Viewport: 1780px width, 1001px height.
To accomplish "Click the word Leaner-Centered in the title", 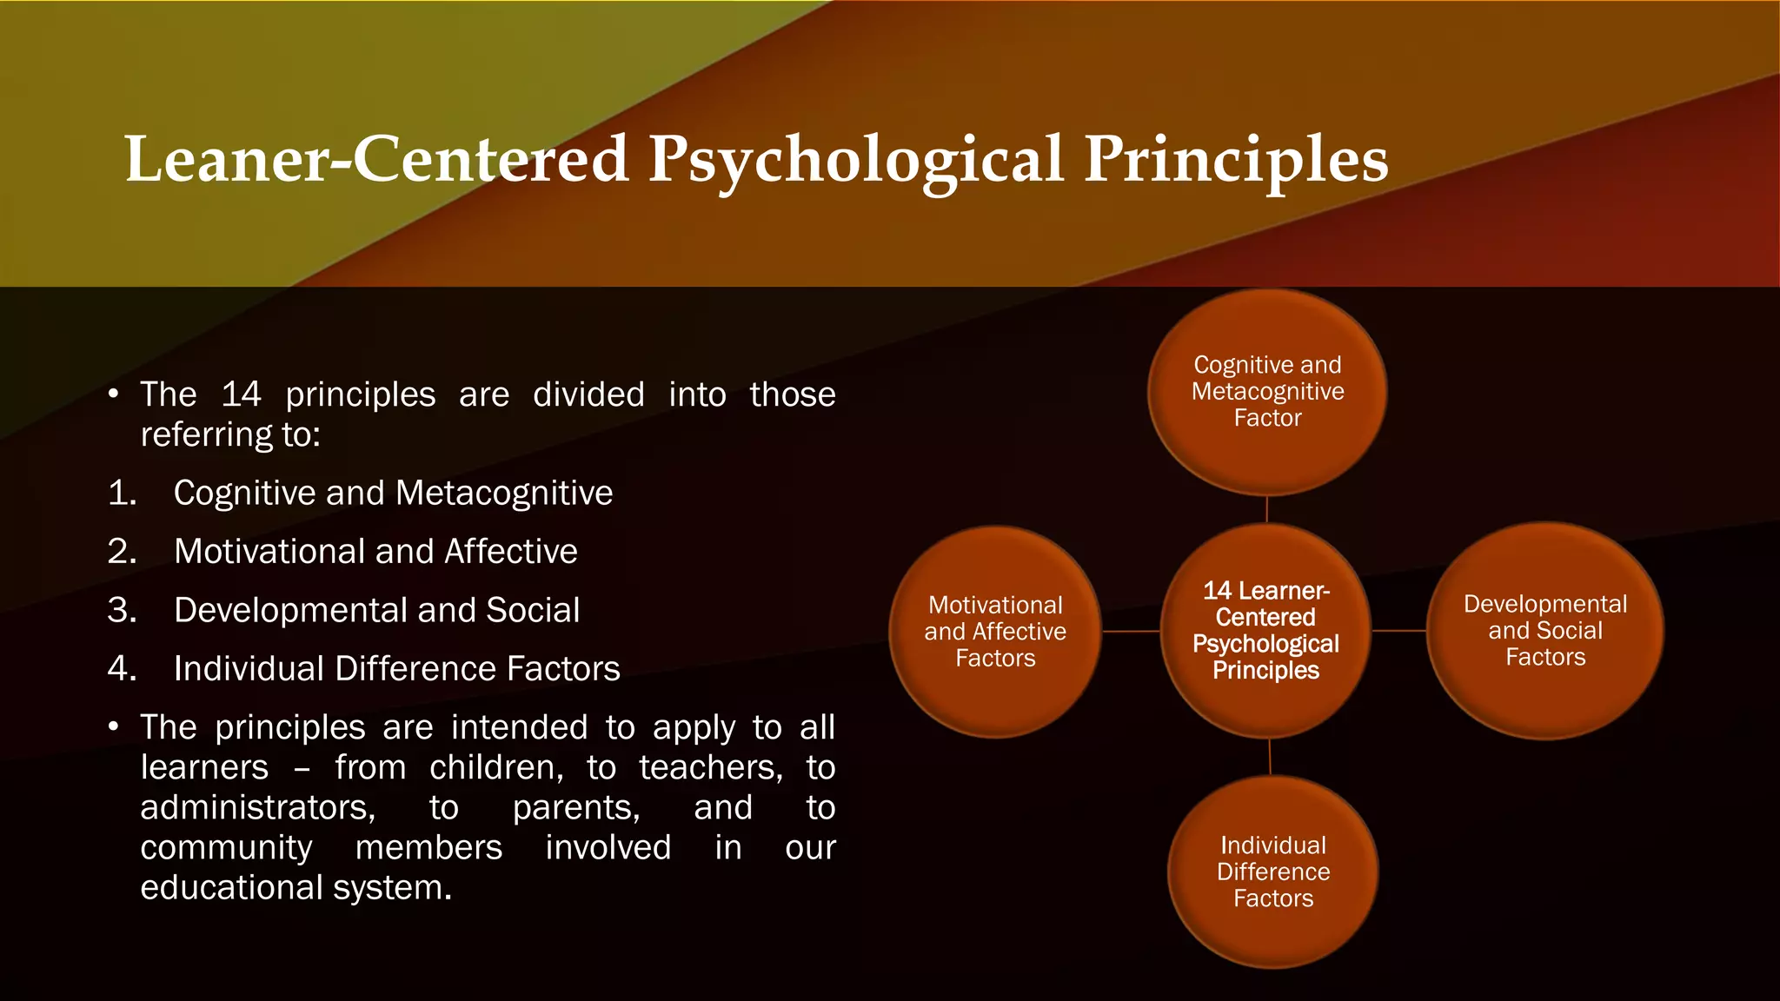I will click(x=375, y=159).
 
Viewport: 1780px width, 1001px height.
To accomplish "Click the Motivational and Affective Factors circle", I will click(x=995, y=632).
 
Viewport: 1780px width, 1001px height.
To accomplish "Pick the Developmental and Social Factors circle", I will click(x=1544, y=630).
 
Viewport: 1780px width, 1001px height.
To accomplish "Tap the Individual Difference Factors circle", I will click(x=1272, y=872).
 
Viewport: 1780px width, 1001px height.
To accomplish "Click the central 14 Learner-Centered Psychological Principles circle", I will click(x=1265, y=631).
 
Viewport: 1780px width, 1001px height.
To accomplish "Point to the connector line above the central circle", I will click(x=1267, y=509).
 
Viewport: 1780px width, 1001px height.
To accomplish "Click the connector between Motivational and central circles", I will click(x=1131, y=632).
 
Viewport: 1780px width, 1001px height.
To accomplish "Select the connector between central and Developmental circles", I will click(x=1398, y=631).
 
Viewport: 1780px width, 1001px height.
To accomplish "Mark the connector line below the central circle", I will click(x=1270, y=757).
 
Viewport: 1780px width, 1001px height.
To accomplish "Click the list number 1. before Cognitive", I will click(x=123, y=494).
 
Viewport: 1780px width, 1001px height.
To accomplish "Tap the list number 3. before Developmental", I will click(x=123, y=611).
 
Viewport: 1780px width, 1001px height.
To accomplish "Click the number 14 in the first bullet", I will click(x=241, y=394).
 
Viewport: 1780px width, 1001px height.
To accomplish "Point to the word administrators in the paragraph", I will click(x=257, y=808).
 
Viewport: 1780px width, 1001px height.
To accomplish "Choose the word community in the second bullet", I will click(x=226, y=848).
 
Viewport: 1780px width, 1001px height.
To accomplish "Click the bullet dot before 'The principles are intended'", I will click(x=114, y=727).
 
